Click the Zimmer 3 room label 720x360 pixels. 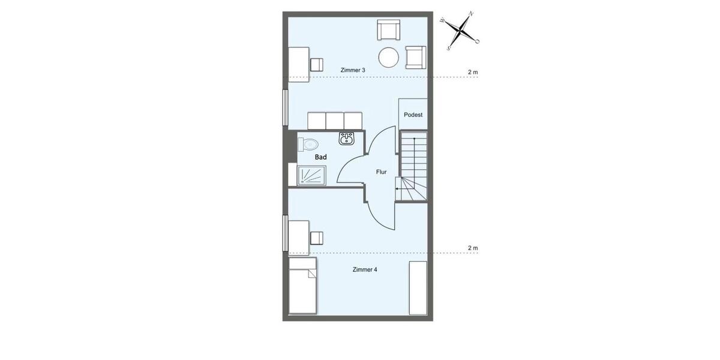[353, 70]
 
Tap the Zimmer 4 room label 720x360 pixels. [365, 269]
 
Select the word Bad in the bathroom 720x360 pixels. [321, 157]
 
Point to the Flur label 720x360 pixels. [382, 172]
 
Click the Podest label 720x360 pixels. [413, 115]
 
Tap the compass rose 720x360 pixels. [460, 30]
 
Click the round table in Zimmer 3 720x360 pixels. [389, 58]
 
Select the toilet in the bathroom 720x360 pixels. [308, 144]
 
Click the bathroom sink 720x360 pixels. [346, 139]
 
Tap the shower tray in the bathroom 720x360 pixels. [311, 176]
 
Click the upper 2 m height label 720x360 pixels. [473, 73]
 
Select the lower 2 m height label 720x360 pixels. [473, 248]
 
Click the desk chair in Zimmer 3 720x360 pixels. [316, 64]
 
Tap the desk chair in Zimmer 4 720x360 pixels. [316, 238]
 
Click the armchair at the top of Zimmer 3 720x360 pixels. [389, 29]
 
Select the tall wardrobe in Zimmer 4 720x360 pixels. [418, 287]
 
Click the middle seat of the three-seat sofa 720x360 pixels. [335, 120]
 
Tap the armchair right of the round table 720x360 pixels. [416, 57]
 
